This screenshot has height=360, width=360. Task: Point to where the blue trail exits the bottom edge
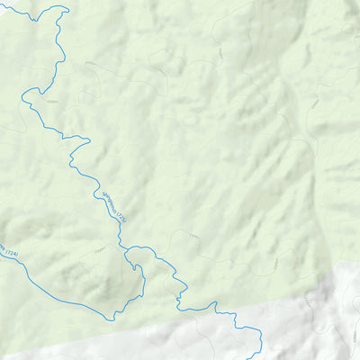[x=258, y=357]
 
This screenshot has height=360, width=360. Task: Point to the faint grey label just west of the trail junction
[x=101, y=246]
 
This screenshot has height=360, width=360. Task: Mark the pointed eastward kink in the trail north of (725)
[x=89, y=139]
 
